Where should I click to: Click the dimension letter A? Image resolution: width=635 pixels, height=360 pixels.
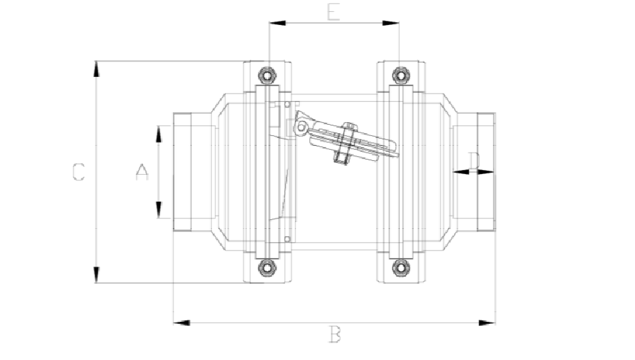(x=142, y=171)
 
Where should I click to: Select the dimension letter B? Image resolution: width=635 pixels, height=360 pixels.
(x=335, y=336)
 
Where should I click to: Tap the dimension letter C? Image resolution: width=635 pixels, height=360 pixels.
(x=78, y=172)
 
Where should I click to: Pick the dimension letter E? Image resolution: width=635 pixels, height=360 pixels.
(x=334, y=12)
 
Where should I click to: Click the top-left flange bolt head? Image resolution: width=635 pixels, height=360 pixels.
(x=266, y=75)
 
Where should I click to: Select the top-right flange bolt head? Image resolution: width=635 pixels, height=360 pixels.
(x=399, y=74)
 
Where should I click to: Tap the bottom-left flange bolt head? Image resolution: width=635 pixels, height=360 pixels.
(x=266, y=268)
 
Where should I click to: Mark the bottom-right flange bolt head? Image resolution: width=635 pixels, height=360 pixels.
(x=399, y=268)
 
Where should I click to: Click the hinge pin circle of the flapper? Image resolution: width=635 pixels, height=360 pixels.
(x=300, y=128)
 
